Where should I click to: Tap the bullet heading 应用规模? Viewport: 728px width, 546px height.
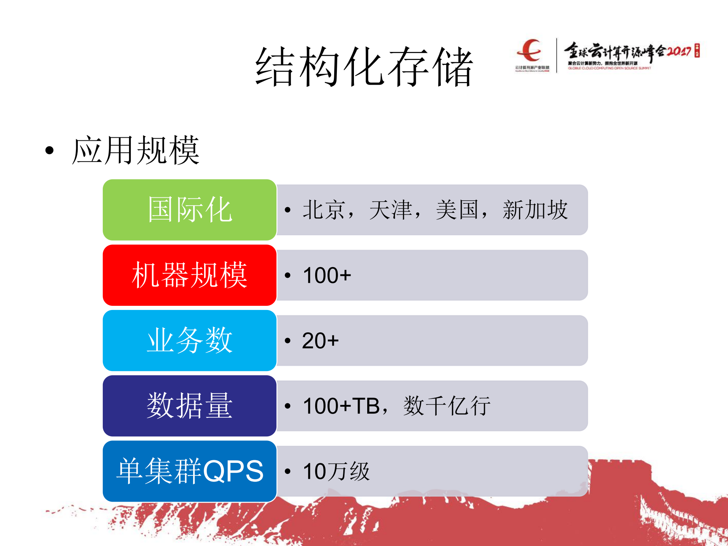[x=135, y=151]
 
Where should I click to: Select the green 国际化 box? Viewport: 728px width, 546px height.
[x=189, y=210]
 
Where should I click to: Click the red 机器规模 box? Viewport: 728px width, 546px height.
[x=189, y=275]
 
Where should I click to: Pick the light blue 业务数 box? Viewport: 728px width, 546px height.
[x=189, y=340]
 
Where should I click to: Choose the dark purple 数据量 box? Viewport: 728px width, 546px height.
[x=189, y=406]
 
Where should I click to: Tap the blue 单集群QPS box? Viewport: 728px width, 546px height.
[x=189, y=471]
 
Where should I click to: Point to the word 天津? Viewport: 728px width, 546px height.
[x=390, y=210]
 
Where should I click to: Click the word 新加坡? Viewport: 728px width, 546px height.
[x=535, y=210]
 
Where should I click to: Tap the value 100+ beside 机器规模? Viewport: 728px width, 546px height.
[x=327, y=275]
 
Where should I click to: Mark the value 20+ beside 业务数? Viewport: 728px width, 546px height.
[x=320, y=340]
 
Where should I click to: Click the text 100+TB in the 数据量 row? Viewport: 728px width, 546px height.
[x=341, y=406]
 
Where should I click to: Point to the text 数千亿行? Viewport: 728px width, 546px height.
[x=447, y=406]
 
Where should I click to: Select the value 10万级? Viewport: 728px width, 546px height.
[x=336, y=471]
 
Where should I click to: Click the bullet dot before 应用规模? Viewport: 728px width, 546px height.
[x=49, y=151]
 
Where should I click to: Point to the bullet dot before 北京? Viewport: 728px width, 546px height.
[x=288, y=210]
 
